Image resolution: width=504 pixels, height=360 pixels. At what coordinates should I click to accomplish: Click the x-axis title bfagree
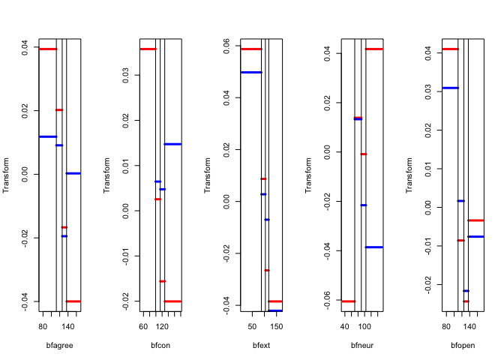pyautogui.click(x=59, y=345)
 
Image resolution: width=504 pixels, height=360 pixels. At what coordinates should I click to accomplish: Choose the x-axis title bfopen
pyautogui.click(x=463, y=345)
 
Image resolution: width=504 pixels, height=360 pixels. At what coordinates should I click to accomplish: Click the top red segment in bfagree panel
pyautogui.click(x=48, y=49)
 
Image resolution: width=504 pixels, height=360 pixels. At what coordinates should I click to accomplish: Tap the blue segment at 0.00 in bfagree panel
pyautogui.click(x=73, y=173)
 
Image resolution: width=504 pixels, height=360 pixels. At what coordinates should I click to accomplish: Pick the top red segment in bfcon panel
pyautogui.click(x=148, y=49)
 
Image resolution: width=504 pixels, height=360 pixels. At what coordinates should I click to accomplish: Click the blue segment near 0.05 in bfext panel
pyautogui.click(x=251, y=72)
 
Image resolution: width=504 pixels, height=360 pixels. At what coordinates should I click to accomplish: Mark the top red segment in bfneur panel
pyautogui.click(x=374, y=49)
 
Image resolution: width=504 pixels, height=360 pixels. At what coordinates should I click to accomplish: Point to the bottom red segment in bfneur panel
pyautogui.click(x=347, y=301)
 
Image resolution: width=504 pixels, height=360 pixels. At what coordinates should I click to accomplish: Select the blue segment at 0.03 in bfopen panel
pyautogui.click(x=450, y=88)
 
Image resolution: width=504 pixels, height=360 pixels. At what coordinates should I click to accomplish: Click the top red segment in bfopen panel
pyautogui.click(x=450, y=49)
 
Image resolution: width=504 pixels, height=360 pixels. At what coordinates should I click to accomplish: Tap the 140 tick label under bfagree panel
pyautogui.click(x=67, y=327)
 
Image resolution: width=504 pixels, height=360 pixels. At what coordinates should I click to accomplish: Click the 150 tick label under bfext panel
pyautogui.click(x=277, y=327)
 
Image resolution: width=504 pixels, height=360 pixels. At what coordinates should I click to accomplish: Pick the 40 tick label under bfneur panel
pyautogui.click(x=345, y=327)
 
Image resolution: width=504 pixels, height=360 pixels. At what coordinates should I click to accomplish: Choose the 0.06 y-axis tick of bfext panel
pyautogui.click(x=224, y=46)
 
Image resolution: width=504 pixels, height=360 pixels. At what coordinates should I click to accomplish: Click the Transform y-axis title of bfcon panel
pyautogui.click(x=107, y=175)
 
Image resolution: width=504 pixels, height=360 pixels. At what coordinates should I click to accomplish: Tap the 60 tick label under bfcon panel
pyautogui.click(x=144, y=327)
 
